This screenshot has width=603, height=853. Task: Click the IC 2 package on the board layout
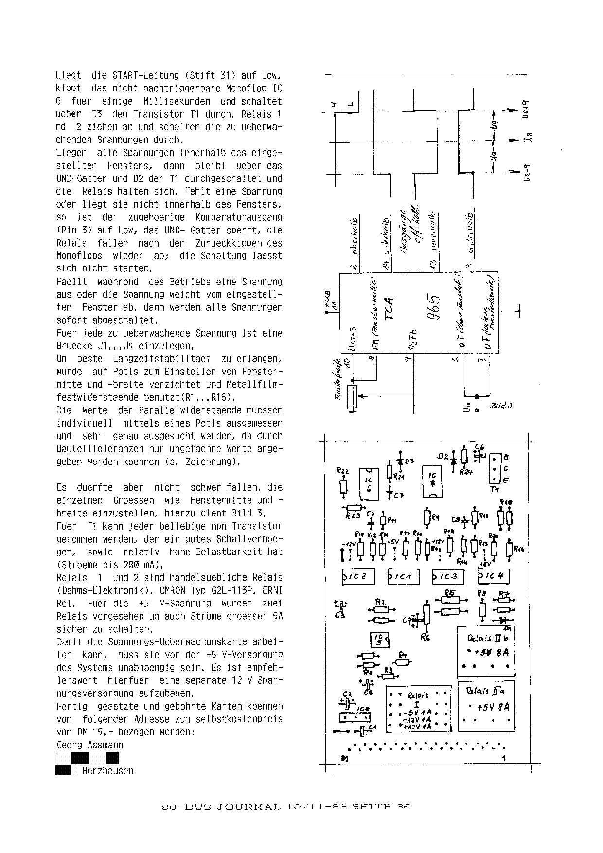point(358,577)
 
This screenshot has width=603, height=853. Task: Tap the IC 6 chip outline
point(368,483)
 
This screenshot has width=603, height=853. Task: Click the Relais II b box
point(486,652)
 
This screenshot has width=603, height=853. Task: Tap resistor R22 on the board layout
point(344,486)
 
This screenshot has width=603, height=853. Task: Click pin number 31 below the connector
point(344,759)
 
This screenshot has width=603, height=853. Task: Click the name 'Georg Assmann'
point(90,745)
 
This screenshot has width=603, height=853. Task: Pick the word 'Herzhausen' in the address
point(108,770)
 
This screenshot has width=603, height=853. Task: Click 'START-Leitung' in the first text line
point(145,76)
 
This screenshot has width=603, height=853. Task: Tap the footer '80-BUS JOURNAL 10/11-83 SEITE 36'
point(286,806)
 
